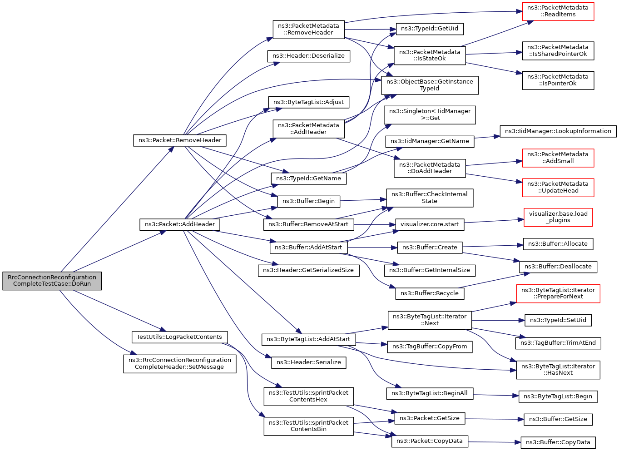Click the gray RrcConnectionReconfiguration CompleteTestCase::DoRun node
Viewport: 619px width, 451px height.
52,281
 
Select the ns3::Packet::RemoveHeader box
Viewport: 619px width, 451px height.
180,140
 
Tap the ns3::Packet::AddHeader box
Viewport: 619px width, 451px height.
180,224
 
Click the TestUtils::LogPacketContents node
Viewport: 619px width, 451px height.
179,337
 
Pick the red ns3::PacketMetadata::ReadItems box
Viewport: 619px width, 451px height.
558,11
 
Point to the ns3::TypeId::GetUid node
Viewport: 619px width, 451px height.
430,29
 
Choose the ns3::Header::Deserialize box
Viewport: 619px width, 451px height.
308,56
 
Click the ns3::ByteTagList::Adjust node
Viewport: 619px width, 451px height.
308,102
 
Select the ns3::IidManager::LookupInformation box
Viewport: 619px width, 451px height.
558,131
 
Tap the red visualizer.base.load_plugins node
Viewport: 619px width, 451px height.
558,217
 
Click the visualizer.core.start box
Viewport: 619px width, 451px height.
430,224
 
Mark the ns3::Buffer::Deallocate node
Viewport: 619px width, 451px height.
558,267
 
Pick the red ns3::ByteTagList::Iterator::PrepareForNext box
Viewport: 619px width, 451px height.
558,293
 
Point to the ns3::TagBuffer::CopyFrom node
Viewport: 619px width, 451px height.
430,347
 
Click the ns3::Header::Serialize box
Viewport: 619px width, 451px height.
308,362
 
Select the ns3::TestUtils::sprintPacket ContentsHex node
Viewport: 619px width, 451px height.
308,396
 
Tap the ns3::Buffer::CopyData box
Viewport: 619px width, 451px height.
558,442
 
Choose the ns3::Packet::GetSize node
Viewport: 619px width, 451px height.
430,418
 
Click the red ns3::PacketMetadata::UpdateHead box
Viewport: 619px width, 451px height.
558,188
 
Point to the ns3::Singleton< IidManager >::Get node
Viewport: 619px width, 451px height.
430,115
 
